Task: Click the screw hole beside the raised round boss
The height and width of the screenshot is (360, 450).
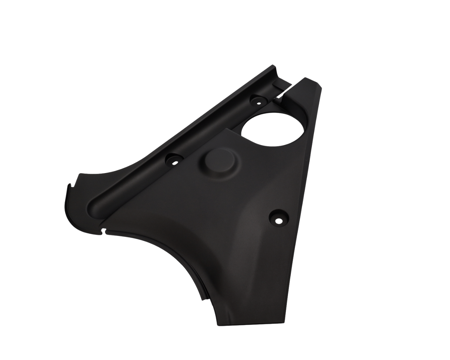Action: pos(174,159)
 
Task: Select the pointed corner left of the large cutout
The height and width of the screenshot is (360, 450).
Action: pos(227,128)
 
